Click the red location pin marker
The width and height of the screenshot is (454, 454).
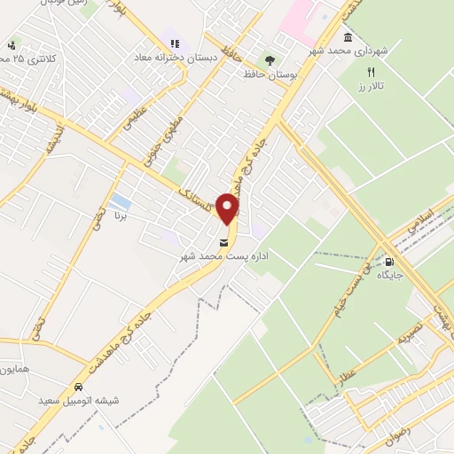[x=228, y=208]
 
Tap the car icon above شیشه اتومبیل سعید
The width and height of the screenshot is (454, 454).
[x=79, y=387]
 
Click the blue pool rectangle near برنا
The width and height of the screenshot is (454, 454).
[x=121, y=201]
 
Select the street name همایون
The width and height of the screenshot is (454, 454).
[x=15, y=368]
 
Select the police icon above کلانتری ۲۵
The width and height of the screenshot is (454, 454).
[x=11, y=45]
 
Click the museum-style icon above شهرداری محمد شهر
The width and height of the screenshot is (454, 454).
[x=347, y=37]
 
